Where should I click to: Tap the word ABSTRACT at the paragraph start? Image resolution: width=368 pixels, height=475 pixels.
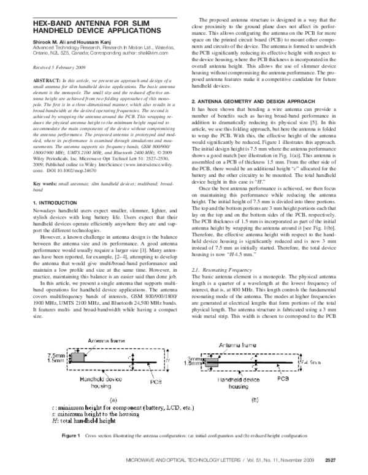(x=30, y=80)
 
